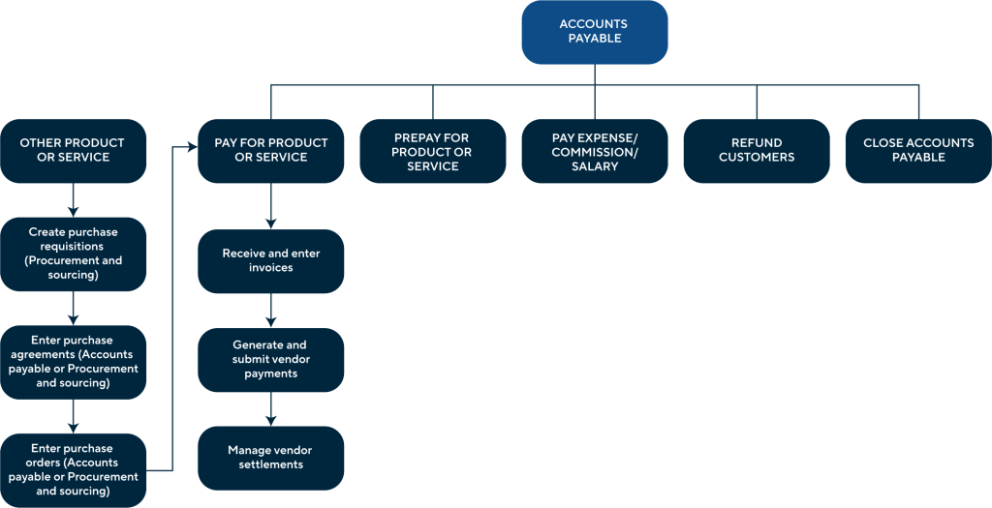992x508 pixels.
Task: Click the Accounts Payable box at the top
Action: tap(594, 32)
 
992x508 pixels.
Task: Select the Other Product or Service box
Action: tap(73, 150)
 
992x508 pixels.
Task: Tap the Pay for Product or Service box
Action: tap(270, 150)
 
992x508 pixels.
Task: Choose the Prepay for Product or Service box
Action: tap(432, 151)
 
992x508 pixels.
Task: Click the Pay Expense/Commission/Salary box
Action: tap(594, 151)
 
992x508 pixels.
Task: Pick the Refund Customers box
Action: tap(757, 150)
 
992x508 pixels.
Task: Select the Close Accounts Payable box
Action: tap(917, 150)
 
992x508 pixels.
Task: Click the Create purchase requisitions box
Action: tap(73, 254)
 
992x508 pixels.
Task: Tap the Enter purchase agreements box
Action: tap(73, 362)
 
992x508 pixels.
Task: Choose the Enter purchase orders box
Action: tap(73, 470)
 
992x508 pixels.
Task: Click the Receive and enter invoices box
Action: tap(270, 260)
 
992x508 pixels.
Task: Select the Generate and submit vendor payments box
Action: tap(270, 359)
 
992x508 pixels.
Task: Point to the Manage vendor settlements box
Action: tap(270, 458)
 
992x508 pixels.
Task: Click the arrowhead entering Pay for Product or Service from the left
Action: tap(191, 149)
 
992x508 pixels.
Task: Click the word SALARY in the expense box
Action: tap(594, 166)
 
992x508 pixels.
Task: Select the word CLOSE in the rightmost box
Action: tap(883, 142)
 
